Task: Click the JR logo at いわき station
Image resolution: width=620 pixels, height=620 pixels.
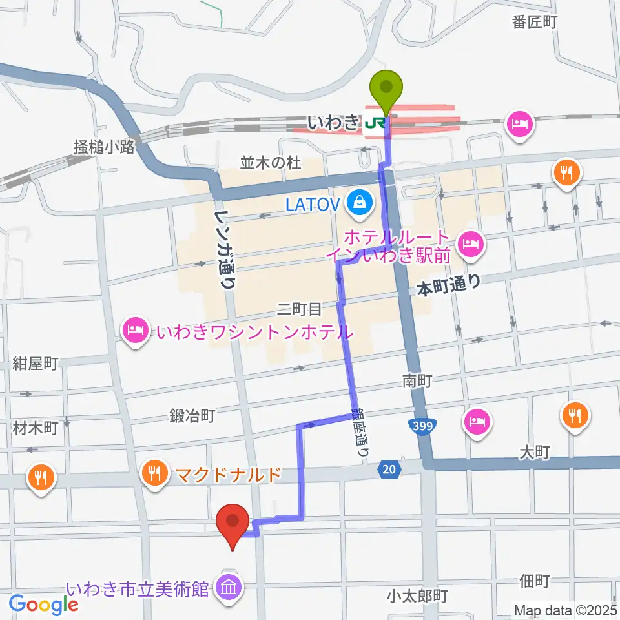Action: point(373,122)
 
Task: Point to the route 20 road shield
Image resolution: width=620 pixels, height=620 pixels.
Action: point(387,472)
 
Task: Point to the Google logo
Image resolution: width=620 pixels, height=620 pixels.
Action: point(43,604)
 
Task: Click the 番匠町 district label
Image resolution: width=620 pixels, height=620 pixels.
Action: point(534,22)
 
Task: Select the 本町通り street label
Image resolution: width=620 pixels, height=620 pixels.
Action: point(449,285)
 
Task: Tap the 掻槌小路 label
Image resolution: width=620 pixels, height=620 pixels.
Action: point(104,147)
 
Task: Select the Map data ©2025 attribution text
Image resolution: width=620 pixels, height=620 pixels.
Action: point(566,609)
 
